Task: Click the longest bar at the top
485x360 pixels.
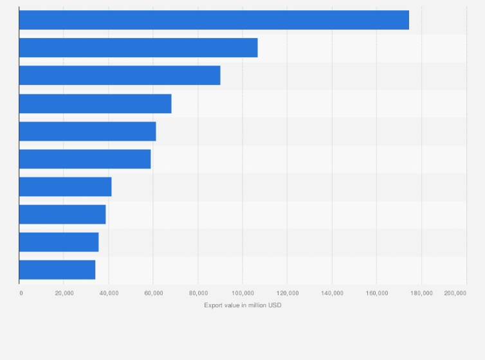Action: point(214,20)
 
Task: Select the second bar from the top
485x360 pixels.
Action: point(138,48)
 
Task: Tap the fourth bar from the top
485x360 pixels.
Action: point(95,104)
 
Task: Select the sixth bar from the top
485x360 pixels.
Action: point(85,159)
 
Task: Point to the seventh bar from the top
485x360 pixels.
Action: point(65,186)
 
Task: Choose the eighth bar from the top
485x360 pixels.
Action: point(62,214)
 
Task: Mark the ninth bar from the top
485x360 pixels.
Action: point(59,242)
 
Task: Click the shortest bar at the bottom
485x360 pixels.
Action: point(57,269)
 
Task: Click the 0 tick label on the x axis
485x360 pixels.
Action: point(21,293)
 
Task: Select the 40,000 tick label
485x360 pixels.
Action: point(108,293)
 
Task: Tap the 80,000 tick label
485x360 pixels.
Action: point(197,293)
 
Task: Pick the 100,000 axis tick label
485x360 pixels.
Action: point(242,293)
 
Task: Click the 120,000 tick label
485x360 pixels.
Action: point(287,293)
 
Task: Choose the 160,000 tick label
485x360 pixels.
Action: point(376,293)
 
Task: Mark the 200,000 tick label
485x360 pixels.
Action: point(454,293)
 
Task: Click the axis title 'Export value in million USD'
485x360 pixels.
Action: point(243,305)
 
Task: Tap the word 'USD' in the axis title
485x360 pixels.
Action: point(275,305)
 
